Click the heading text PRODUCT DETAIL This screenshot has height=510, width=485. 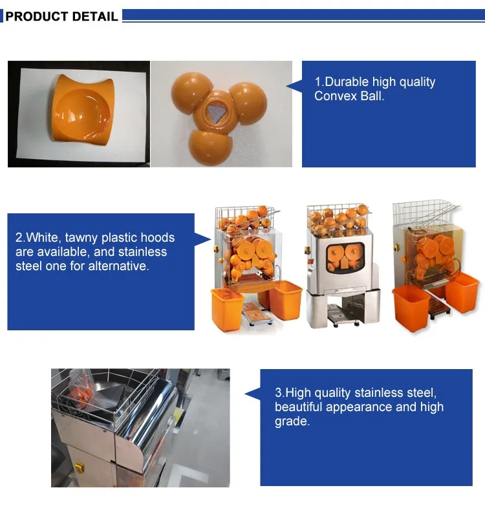click(61, 16)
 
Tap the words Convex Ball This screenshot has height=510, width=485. click(349, 96)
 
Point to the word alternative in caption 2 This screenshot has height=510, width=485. click(118, 266)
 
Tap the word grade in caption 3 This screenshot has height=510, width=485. click(292, 421)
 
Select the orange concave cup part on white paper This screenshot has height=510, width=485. click(83, 109)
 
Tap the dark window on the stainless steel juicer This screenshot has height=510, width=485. click(345, 257)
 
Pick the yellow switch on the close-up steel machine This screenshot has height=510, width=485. click(79, 468)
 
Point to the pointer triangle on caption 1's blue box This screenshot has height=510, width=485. click(294, 86)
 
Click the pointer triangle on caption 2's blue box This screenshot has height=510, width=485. click(203, 239)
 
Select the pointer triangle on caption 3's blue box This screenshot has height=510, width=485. click(253, 394)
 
